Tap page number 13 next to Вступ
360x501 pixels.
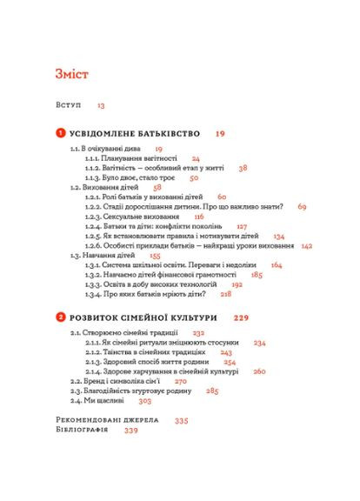coord(101,105)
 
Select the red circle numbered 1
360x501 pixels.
coord(60,134)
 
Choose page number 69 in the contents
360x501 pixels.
coord(302,207)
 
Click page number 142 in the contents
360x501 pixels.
coord(306,246)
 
